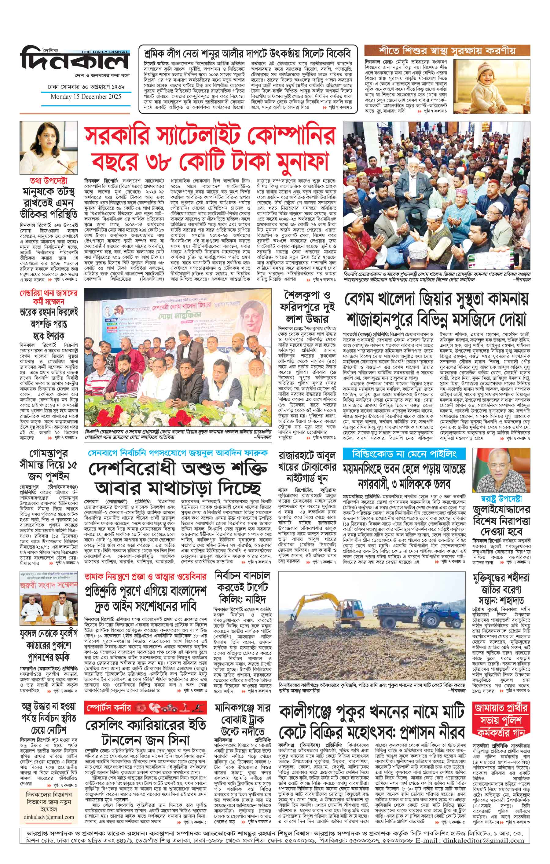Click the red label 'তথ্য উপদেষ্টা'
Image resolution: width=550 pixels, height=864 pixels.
point(49,181)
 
